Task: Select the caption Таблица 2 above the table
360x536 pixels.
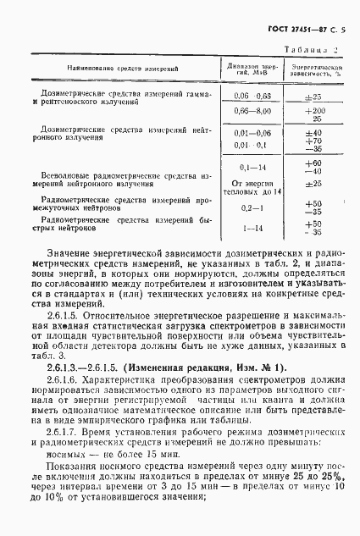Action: tap(315, 50)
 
